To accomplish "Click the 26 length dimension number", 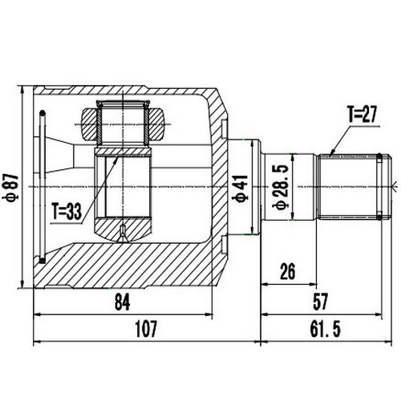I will click(x=287, y=271).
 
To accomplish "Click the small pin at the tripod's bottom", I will click(x=123, y=233).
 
